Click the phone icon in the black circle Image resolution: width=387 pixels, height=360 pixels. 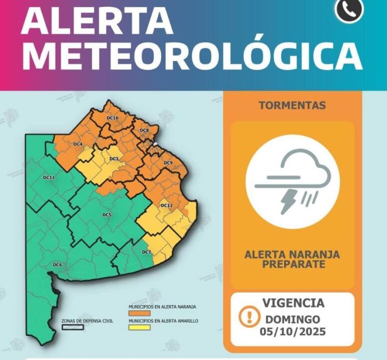click(349, 9)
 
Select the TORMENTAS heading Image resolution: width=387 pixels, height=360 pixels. click(293, 105)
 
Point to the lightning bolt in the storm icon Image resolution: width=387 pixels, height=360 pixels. click(289, 201)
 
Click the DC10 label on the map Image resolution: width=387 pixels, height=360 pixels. click(112, 118)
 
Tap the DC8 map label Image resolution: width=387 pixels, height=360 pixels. click(144, 130)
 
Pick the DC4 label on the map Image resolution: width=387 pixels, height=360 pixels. click(77, 144)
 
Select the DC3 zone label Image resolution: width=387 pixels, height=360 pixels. click(114, 159)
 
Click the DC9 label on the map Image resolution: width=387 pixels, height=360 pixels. click(168, 163)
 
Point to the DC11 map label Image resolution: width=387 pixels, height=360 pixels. click(48, 178)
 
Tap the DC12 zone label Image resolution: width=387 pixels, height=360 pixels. click(166, 206)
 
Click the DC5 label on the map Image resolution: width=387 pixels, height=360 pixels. click(106, 215)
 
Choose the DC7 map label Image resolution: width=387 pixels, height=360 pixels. click(146, 252)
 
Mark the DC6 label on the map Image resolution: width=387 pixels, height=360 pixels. click(57, 265)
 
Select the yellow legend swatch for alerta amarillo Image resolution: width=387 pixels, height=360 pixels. click(139, 328)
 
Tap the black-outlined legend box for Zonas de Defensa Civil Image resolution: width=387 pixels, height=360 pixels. click(73, 328)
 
